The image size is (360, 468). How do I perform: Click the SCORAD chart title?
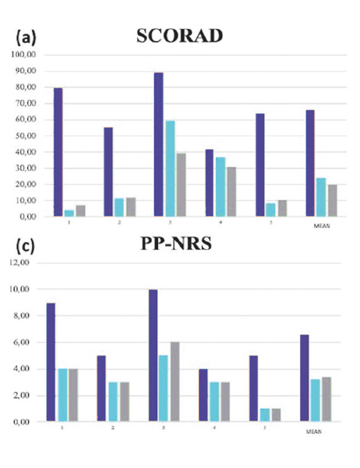click(179, 37)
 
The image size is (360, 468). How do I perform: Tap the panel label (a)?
click(26, 38)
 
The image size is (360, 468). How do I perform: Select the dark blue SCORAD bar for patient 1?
click(58, 152)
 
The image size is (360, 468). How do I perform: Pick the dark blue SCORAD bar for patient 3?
click(158, 144)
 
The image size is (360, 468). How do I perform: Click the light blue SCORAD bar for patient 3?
click(170, 168)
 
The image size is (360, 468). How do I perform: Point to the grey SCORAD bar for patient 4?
click(231, 191)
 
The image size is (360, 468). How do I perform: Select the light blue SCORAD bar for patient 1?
click(69, 212)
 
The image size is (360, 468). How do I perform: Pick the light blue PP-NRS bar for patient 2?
click(113, 401)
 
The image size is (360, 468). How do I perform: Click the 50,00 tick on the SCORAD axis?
click(24, 136)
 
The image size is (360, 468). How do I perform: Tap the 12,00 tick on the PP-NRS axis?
click(24, 263)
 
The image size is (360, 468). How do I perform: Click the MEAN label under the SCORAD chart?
click(321, 226)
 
